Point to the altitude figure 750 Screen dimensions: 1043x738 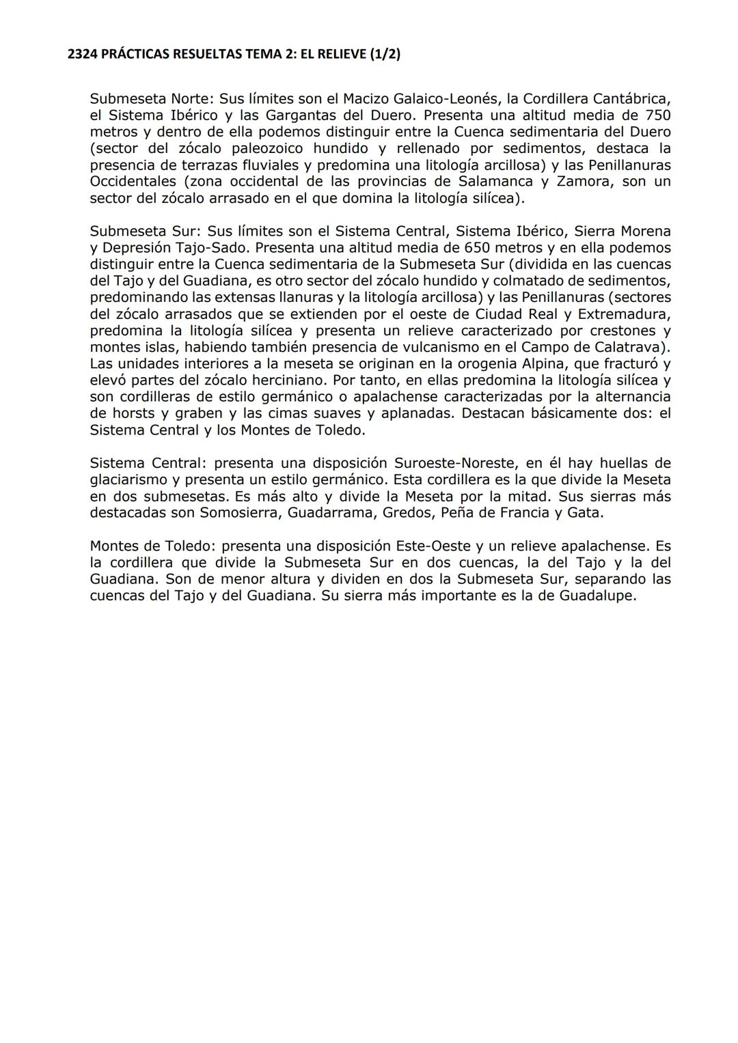[x=657, y=115]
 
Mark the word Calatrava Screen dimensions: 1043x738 [x=630, y=347]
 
